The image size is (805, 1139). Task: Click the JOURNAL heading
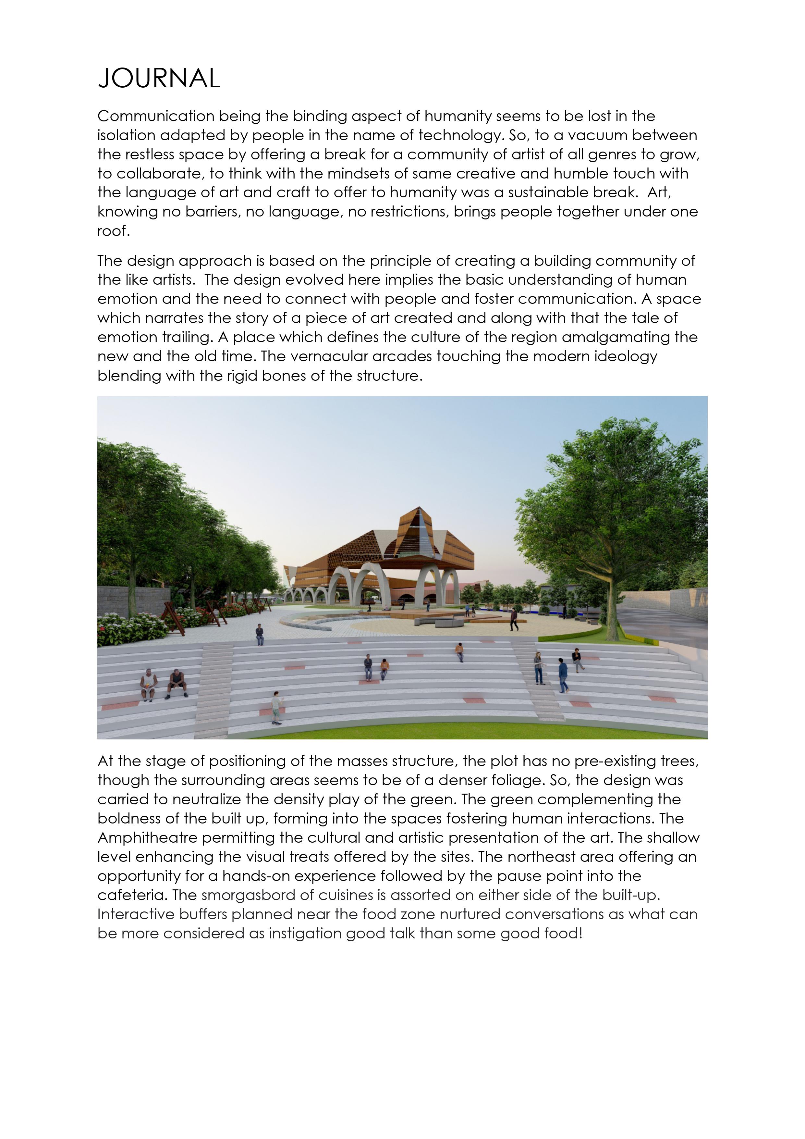click(159, 78)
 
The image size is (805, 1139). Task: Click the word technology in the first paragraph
click(461, 135)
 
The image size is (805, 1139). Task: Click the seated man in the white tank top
click(148, 685)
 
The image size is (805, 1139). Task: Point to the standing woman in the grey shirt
click(539, 668)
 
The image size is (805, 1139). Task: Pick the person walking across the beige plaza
click(514, 620)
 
